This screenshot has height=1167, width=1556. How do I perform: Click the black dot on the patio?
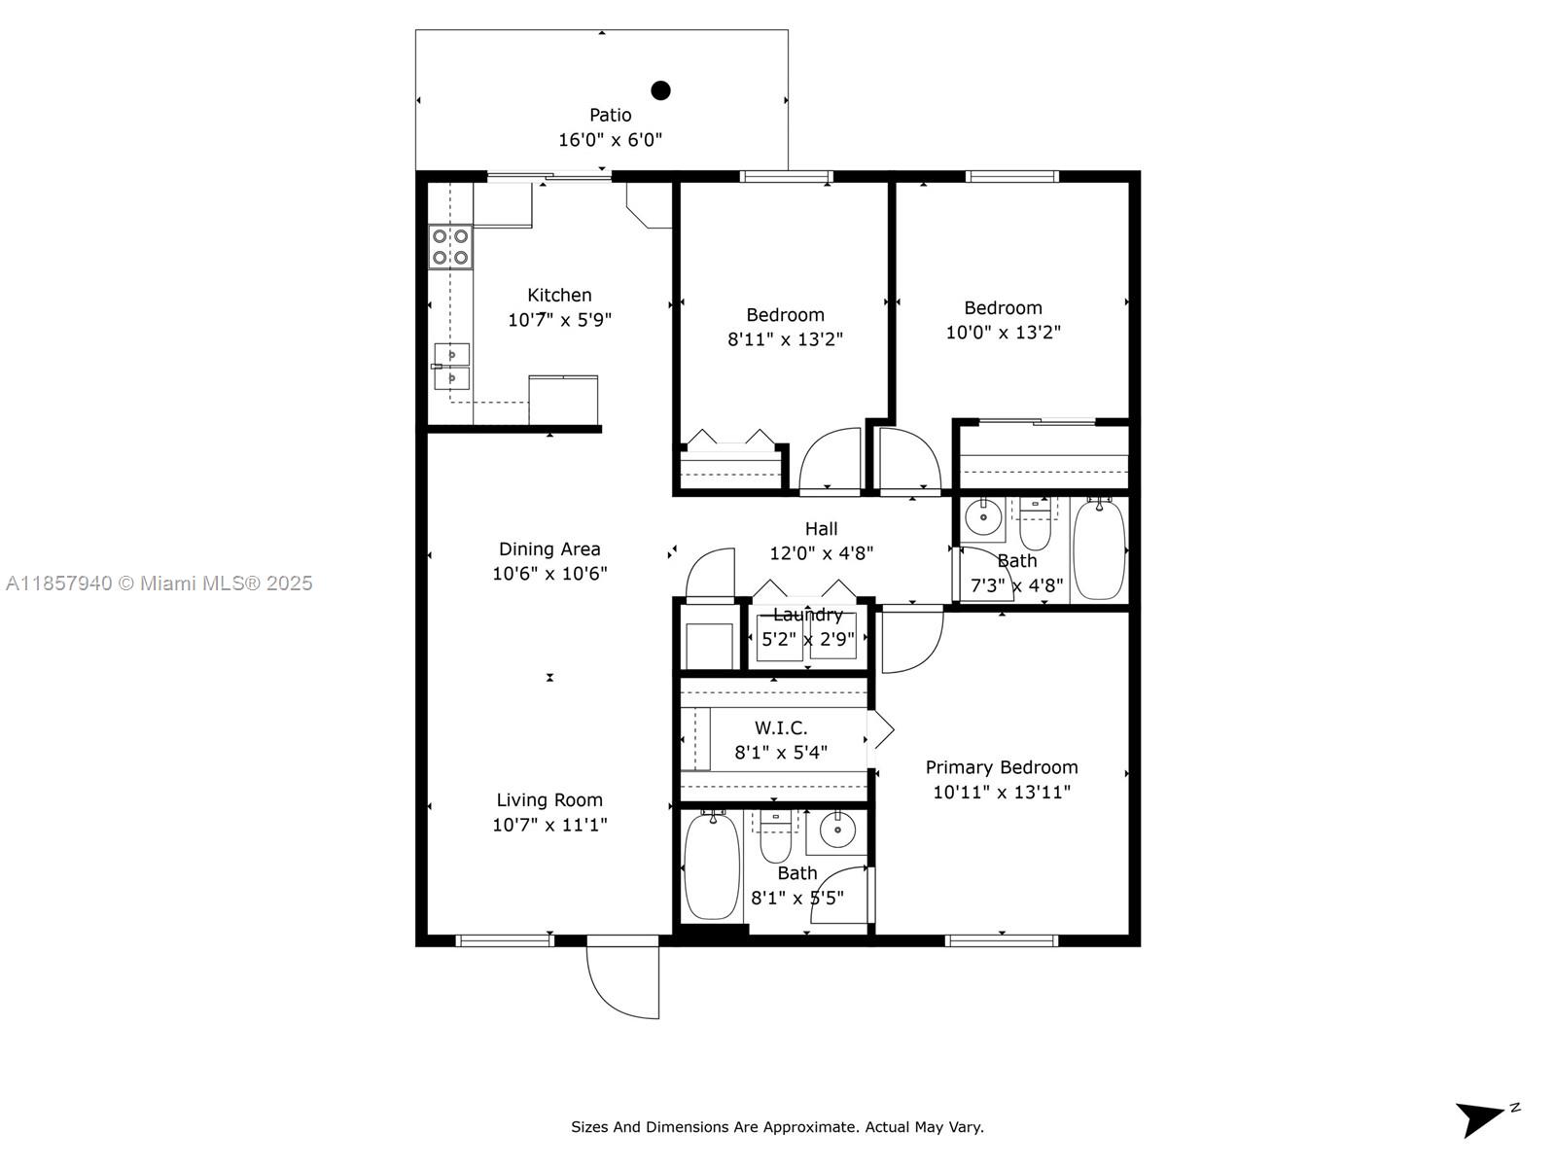pyautogui.click(x=660, y=90)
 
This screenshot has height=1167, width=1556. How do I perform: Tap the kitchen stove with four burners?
pyautogui.click(x=450, y=247)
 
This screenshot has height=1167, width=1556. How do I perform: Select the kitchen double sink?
pyautogui.click(x=451, y=367)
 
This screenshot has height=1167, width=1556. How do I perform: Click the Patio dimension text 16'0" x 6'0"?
pyautogui.click(x=611, y=140)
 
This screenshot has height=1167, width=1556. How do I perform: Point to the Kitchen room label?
pyautogui.click(x=559, y=295)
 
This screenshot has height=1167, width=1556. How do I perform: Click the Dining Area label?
pyautogui.click(x=549, y=549)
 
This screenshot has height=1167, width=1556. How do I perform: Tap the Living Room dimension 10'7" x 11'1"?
pyautogui.click(x=549, y=824)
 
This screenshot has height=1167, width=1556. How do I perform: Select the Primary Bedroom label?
pyautogui.click(x=1001, y=767)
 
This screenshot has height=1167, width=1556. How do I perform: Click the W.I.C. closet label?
pyautogui.click(x=781, y=727)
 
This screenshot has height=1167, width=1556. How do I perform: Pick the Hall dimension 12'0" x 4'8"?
pyautogui.click(x=821, y=552)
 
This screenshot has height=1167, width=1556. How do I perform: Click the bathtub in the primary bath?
pyautogui.click(x=712, y=866)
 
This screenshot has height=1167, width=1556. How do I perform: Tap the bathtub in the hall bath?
pyautogui.click(x=1099, y=549)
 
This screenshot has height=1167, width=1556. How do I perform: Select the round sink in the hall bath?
pyautogui.click(x=983, y=517)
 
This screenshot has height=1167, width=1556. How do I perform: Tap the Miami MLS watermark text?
pyautogui.click(x=159, y=583)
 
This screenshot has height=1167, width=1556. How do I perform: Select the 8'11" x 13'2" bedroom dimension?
pyautogui.click(x=785, y=339)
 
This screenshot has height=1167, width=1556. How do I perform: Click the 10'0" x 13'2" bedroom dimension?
pyautogui.click(x=1003, y=333)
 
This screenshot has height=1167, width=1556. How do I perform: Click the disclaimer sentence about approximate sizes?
pyautogui.click(x=777, y=1127)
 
